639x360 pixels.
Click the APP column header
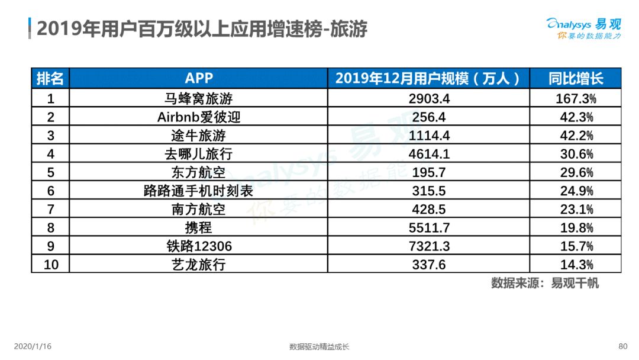pos(199,78)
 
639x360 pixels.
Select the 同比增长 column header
pos(576,78)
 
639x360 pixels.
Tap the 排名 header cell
pos(50,78)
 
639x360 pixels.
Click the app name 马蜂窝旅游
pos(198,99)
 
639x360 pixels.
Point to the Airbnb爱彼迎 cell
pos(199,117)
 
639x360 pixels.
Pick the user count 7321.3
pos(429,246)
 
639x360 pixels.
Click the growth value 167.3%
pos(576,99)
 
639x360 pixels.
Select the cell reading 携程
pos(198,227)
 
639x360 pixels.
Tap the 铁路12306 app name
pos(199,246)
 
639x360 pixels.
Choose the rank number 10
pos(51,265)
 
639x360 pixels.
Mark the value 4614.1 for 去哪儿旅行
pos(429,154)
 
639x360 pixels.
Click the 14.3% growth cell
pos(576,265)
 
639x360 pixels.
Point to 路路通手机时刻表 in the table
pos(198,191)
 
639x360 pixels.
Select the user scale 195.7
pos(429,172)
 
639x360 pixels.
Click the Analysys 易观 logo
pos(583,28)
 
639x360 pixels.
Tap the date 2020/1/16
pos(33,346)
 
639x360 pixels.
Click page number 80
pos(622,346)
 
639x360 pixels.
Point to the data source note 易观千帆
pos(575,283)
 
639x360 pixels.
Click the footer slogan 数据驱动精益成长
pos(319,346)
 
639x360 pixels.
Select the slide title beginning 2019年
pos(202,29)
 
